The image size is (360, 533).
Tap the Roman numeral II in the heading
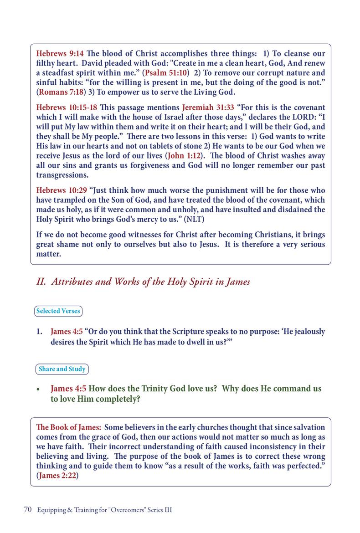click(x=41, y=282)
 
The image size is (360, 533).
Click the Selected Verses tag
click(x=58, y=311)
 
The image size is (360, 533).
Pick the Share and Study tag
click(x=62, y=369)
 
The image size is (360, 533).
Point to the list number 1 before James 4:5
click(x=39, y=332)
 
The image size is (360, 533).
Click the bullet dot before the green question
click(x=39, y=390)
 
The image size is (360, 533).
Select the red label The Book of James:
click(x=68, y=428)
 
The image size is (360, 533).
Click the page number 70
click(x=27, y=510)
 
